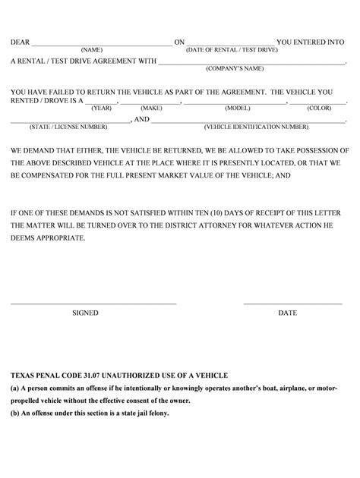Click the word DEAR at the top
click(x=20, y=42)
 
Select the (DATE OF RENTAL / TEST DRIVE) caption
click(x=230, y=49)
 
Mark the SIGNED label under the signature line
click(x=85, y=313)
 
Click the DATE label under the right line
click(x=288, y=313)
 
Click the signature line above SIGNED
click(x=93, y=303)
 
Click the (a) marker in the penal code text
click(x=14, y=388)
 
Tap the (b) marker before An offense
click(x=14, y=414)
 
